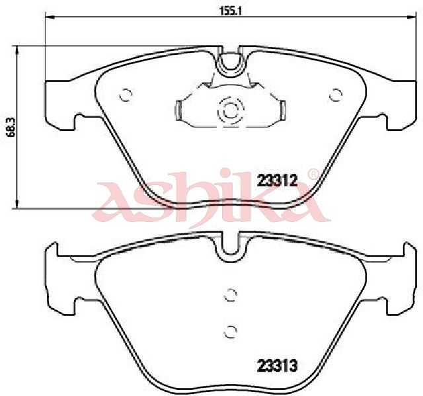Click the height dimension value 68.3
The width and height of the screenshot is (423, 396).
click(11, 128)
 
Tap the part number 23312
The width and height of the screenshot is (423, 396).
click(277, 180)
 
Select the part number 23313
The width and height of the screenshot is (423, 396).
click(278, 366)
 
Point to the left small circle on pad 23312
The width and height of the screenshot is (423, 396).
click(125, 95)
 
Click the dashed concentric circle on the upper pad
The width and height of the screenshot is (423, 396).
click(231, 110)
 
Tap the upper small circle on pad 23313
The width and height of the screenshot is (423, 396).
click(231, 295)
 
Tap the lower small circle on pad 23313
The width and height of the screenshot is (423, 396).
click(231, 331)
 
